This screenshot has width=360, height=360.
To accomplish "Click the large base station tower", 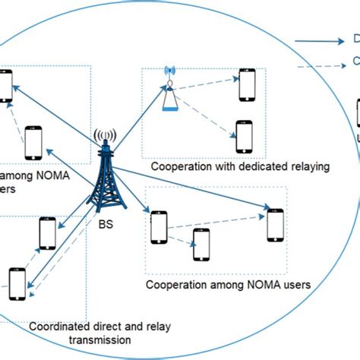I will coord(106,178).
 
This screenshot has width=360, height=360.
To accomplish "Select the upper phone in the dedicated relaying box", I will coord(247,86).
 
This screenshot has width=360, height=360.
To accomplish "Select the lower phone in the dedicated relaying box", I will coord(244,136).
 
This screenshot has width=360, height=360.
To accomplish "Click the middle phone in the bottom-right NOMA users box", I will coord(201,244).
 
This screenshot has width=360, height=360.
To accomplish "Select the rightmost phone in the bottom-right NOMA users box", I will coord(274,225).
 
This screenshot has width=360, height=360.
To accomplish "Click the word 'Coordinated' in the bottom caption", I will coord(62,327).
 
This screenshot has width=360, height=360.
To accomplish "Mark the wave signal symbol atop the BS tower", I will coord(105,139).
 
